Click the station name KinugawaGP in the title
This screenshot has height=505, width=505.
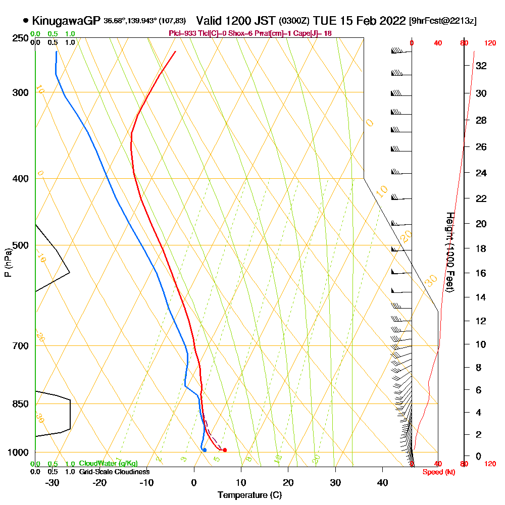[x=66, y=21]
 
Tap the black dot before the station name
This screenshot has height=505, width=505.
[x=26, y=21]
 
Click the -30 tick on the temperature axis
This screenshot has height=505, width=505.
[x=53, y=482]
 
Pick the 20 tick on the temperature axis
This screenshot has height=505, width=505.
[x=288, y=482]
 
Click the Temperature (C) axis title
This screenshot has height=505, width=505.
[x=249, y=495]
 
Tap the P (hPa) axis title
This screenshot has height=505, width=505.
[x=8, y=263]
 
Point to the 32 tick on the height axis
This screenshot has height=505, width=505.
[x=481, y=66]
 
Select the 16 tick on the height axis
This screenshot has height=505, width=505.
[x=481, y=273]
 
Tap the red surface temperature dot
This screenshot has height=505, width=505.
[x=224, y=450]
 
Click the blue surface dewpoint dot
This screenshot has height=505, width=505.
[x=204, y=450]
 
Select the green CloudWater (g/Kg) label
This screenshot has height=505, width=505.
[x=108, y=464]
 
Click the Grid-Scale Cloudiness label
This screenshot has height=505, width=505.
[x=114, y=472]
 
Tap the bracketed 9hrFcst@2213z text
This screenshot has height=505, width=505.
[x=443, y=21]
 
